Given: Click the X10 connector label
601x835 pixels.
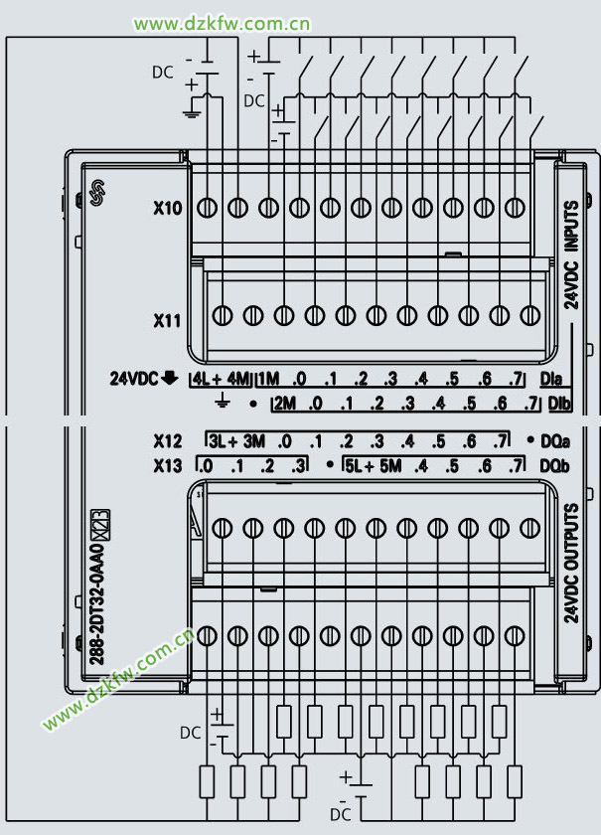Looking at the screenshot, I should [x=168, y=209].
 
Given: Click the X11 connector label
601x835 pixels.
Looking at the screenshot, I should [x=168, y=321].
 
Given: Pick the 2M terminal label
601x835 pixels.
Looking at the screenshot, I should [x=284, y=404].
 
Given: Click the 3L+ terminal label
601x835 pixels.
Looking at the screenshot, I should [x=224, y=440].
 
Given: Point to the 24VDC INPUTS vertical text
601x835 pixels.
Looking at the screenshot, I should [x=571, y=256].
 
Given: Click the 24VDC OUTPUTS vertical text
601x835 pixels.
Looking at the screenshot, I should [x=571, y=564].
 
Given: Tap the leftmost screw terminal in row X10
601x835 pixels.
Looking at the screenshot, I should [x=207, y=208].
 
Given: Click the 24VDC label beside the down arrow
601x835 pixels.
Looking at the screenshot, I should [x=134, y=379].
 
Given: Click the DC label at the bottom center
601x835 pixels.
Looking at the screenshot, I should [x=341, y=814].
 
